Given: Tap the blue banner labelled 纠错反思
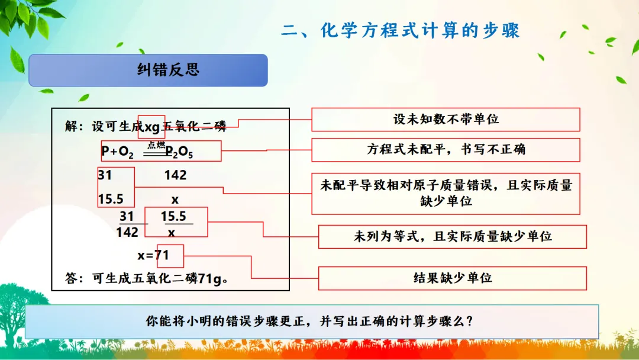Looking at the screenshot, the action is tap(148, 70).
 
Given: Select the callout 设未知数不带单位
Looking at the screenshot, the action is tap(446, 120).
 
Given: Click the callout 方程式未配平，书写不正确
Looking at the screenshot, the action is tap(446, 150).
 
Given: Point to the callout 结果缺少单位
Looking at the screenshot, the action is tap(453, 278).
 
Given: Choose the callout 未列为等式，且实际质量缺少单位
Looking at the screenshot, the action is tap(453, 236).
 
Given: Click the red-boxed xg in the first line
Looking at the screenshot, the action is tap(152, 127).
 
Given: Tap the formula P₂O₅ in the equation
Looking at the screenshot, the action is tap(179, 152).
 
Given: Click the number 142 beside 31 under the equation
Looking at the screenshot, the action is tap(175, 175).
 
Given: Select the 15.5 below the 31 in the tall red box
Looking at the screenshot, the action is tap(111, 199).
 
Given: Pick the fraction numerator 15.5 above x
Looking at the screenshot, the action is tap(173, 216).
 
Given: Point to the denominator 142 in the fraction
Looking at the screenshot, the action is tap(127, 232).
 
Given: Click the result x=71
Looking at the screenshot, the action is tap(153, 255).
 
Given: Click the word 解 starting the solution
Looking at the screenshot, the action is tap(71, 126).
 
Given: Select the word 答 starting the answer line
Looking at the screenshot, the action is tap(71, 278).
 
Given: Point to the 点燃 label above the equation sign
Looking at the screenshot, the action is tap(156, 144).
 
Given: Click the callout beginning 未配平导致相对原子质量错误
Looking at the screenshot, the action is tap(446, 194).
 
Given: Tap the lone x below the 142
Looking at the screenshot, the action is tap(175, 200).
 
